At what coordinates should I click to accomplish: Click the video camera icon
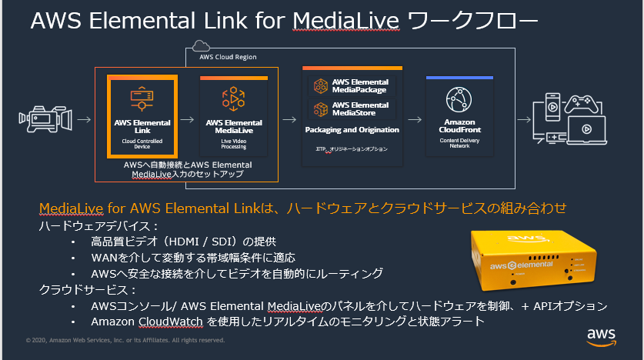[45, 118]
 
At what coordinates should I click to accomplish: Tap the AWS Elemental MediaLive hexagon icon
[233, 98]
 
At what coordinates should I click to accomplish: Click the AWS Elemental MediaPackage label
[360, 86]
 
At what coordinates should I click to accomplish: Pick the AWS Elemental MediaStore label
[360, 108]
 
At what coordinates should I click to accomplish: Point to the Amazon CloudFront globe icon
[459, 99]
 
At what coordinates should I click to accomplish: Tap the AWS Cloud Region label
[228, 57]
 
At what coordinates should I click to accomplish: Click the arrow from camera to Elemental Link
[85, 119]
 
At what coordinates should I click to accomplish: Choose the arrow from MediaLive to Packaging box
[290, 119]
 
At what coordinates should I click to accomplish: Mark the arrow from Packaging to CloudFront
[415, 119]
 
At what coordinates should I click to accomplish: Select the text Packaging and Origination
[352, 130]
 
